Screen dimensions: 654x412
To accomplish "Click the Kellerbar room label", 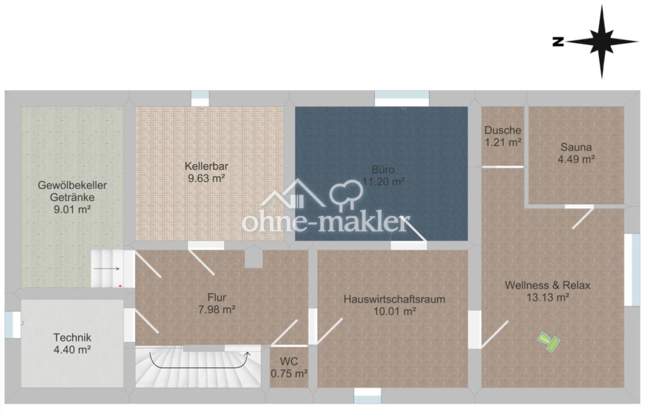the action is point(206,166).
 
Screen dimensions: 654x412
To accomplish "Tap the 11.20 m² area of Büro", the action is point(383,182).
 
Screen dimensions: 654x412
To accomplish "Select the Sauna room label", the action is point(576,147).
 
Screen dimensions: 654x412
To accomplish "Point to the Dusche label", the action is point(503,130).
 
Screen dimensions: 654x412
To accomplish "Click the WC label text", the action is point(289,361).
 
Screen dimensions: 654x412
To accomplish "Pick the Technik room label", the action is point(72,337).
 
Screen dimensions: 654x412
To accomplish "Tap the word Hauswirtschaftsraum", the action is point(395,299).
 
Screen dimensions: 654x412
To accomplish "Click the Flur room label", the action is point(217,297).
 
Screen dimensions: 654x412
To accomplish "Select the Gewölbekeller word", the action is point(72,185).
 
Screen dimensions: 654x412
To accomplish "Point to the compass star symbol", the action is point(602,42).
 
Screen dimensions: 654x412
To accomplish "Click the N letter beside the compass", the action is point(558,42).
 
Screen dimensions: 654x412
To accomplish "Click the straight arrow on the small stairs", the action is point(107,269).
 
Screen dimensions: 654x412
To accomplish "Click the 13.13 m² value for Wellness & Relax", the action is point(548,298).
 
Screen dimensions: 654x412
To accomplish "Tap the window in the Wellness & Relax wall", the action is point(632,270).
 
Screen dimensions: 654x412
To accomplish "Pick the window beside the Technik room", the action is point(12,325).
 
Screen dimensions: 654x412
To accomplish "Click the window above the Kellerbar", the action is point(200,98).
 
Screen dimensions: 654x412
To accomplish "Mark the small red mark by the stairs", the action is point(120,286).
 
